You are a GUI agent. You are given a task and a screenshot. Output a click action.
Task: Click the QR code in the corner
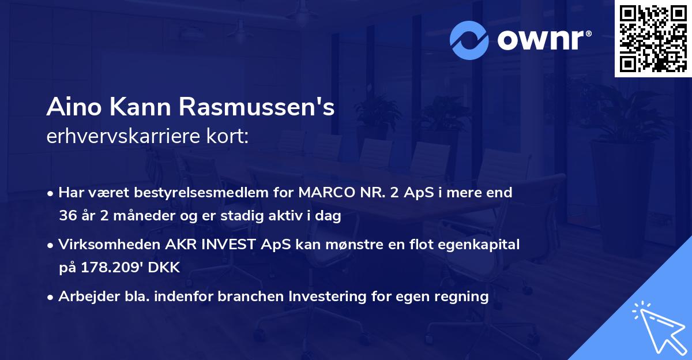(652, 38)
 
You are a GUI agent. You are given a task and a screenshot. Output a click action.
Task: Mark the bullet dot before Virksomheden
(51, 245)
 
